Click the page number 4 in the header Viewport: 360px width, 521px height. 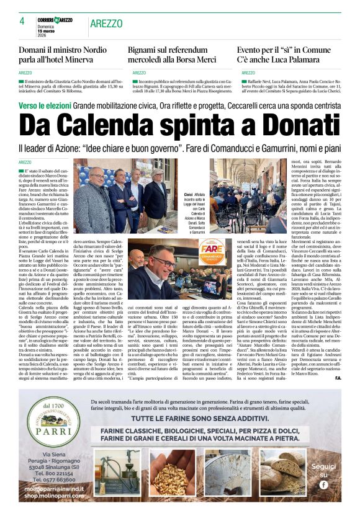coord(22,22)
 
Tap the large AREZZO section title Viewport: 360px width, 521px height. coord(106,23)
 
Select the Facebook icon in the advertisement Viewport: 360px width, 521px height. coord(323,484)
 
